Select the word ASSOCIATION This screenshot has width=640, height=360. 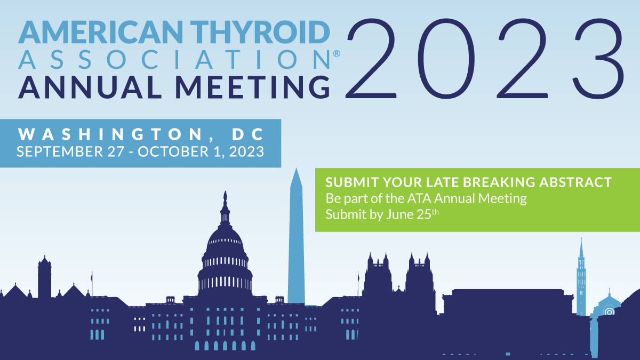coord(174,60)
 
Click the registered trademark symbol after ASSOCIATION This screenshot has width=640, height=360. coord(337,53)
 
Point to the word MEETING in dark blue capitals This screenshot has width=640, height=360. coord(253,87)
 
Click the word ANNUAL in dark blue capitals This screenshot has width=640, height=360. coord(90,87)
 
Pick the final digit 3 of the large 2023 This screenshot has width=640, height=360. coord(598,59)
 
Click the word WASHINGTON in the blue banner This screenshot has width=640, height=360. coord(110,134)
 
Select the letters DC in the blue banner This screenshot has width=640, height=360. coord(248,134)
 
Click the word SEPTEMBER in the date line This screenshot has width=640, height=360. coord(60,151)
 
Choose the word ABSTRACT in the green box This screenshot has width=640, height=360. coord(575,182)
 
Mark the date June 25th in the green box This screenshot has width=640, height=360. coord(412,214)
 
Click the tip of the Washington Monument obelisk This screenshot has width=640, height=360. coord(296,169)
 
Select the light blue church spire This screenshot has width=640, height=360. coord(581,277)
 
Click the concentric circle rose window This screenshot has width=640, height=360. coord(609,311)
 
